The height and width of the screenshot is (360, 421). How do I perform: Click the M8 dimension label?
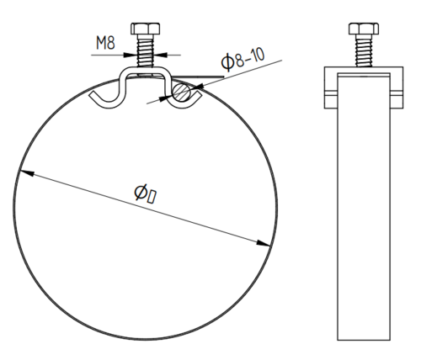point(105,43)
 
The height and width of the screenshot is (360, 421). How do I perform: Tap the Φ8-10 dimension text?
point(242,60)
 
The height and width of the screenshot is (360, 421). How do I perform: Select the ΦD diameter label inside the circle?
point(146,193)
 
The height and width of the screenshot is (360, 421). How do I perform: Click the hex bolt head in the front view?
point(146,29)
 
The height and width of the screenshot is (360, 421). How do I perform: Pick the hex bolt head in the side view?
point(364,29)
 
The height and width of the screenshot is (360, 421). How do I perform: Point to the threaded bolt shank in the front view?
point(146,51)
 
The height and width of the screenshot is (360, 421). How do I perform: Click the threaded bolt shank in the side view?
point(364,50)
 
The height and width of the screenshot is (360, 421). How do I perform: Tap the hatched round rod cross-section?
point(181,92)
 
